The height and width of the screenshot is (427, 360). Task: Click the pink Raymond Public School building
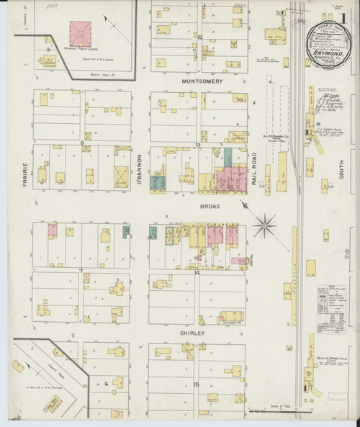point(81,31)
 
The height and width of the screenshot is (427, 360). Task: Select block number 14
point(196,273)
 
